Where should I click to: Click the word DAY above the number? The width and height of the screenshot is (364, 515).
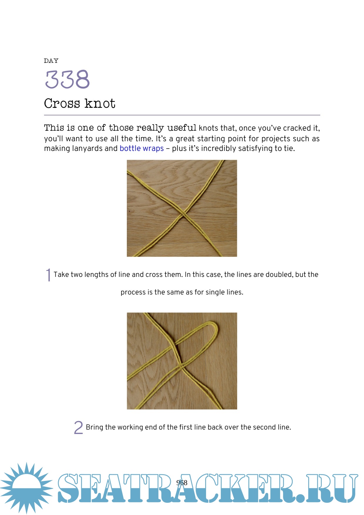point(51,61)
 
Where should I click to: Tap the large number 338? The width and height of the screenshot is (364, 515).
point(67,79)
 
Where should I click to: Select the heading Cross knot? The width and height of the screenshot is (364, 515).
point(80,103)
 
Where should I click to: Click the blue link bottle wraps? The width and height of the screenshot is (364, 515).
point(141,148)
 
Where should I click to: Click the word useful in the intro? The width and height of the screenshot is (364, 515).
point(182,128)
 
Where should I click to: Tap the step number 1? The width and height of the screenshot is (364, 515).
point(48,275)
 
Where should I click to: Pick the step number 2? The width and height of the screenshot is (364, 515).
point(78,427)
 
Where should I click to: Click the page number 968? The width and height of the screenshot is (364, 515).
point(182,483)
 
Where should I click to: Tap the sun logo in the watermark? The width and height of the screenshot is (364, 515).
point(26,488)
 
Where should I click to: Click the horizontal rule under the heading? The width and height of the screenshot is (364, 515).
point(182,115)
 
